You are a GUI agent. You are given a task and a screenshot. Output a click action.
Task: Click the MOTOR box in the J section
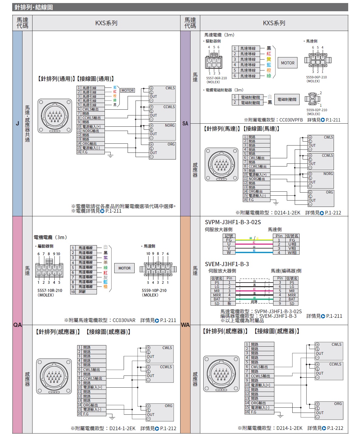pyautogui.click(x=128, y=90)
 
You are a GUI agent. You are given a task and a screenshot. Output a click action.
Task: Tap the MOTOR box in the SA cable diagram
pyautogui.click(x=287, y=63)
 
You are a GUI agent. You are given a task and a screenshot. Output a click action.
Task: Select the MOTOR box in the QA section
pyautogui.click(x=124, y=268)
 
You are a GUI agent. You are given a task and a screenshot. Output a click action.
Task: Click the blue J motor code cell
pyautogui.click(x=17, y=123)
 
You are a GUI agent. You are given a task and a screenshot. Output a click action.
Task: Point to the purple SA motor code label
pyautogui.click(x=185, y=123)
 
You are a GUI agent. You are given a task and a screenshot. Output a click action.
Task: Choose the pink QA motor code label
pyautogui.click(x=17, y=325)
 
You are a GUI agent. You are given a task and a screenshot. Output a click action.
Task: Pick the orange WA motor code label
pyautogui.click(x=185, y=325)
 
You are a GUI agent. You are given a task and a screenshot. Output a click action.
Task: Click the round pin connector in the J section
pyautogui.click(x=55, y=116)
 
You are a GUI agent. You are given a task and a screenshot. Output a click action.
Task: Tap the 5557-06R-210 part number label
pyautogui.click(x=216, y=78)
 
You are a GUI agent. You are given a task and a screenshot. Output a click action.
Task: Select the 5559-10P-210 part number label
pyautogui.click(x=154, y=290)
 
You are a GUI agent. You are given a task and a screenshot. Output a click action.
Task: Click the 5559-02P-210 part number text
pyautogui.click(x=317, y=110)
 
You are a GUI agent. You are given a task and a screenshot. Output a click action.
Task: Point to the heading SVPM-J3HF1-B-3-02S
pyautogui.click(x=233, y=222)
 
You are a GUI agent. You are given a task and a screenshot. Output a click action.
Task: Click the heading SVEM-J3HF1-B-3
pyautogui.click(x=227, y=264)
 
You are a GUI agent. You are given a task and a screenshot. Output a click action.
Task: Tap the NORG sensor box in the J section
pyautogui.click(x=162, y=132)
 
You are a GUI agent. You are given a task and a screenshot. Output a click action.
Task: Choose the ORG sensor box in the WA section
pyautogui.click(x=329, y=410)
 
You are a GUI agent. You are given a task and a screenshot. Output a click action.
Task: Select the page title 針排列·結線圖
pyautogui.click(x=34, y=7)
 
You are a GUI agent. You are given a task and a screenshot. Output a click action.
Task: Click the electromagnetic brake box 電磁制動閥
pyautogui.click(x=287, y=99)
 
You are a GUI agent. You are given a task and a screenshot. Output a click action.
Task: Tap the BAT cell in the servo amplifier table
pyautogui.click(x=217, y=299)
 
